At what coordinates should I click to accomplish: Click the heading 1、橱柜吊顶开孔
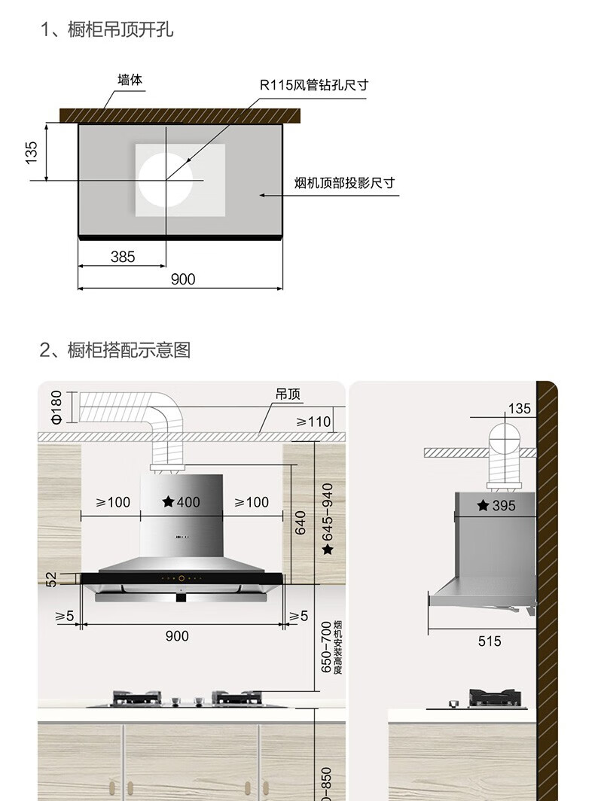[x=108, y=29]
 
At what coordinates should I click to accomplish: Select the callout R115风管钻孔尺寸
[x=314, y=84]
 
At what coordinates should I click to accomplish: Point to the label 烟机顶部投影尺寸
[x=344, y=183]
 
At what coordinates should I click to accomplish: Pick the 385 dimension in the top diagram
[x=123, y=257]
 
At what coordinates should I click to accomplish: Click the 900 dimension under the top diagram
[x=182, y=279]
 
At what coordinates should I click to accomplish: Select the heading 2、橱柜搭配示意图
[x=115, y=349]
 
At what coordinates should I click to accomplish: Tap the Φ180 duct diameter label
[x=56, y=407]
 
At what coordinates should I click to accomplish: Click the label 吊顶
[x=288, y=394]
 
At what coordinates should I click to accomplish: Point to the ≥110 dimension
[x=313, y=422]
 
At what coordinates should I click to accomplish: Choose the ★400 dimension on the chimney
[x=182, y=502]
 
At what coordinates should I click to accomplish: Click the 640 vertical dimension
[x=301, y=522]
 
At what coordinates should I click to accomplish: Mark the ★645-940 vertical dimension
[x=327, y=519]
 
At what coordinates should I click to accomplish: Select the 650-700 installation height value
[x=325, y=647]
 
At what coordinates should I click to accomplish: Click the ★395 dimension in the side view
[x=496, y=506]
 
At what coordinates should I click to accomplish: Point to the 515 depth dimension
[x=489, y=641]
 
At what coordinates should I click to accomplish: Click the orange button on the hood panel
[x=181, y=578]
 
